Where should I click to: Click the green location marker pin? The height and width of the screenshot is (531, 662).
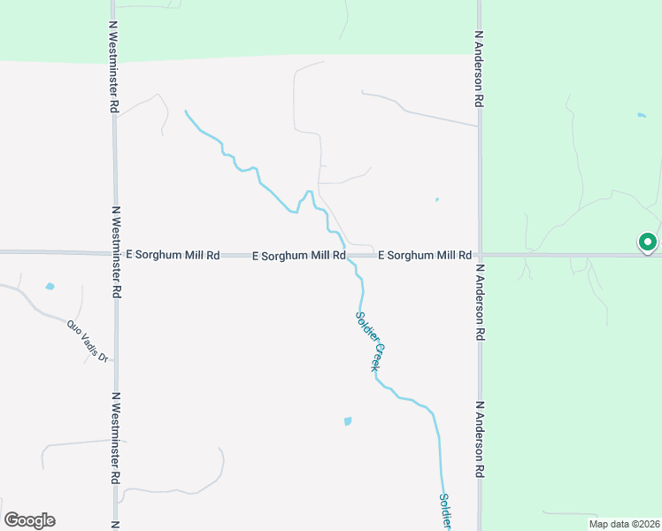[x=647, y=242]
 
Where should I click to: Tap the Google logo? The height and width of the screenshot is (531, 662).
[x=29, y=520]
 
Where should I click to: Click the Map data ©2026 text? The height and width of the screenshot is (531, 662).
[x=623, y=523]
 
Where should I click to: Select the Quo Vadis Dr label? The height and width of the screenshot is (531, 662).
[x=87, y=341]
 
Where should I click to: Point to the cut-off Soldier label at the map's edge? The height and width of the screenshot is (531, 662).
[x=446, y=512]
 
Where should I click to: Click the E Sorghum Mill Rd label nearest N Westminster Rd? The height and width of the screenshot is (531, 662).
[x=173, y=255]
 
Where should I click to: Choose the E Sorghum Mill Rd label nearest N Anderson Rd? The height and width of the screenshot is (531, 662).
[x=424, y=255]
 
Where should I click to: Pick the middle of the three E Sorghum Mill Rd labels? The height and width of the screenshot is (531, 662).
[x=298, y=256]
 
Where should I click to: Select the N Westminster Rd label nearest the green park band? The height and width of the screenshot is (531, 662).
[x=113, y=67]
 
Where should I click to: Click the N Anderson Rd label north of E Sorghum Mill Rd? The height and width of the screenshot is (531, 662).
[x=479, y=69]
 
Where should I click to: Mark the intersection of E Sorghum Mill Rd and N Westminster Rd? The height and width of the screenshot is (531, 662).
[x=114, y=253]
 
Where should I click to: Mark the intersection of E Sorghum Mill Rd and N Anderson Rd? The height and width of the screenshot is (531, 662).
[x=480, y=254]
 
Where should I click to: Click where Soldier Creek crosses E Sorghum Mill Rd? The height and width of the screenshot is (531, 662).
[x=346, y=255]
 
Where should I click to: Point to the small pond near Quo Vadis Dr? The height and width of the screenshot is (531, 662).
[x=50, y=287]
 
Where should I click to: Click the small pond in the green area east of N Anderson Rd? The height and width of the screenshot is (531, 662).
[x=641, y=115]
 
